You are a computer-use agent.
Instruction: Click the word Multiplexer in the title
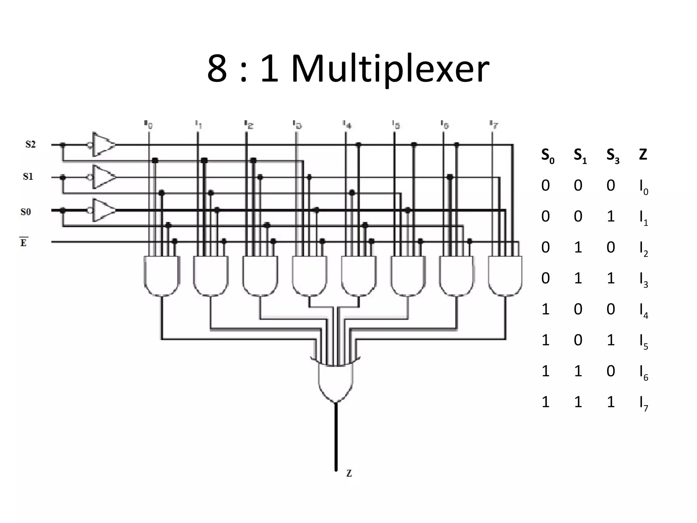[x=390, y=70]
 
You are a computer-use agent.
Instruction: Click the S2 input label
[x=30, y=144]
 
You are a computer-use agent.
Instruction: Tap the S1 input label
[x=28, y=176]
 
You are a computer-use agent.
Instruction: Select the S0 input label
[x=26, y=212]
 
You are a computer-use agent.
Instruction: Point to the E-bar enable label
[x=23, y=242]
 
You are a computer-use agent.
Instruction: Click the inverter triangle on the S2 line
[x=103, y=145]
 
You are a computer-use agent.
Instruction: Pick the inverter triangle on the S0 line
[x=103, y=210]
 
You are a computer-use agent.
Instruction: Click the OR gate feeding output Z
[x=336, y=381]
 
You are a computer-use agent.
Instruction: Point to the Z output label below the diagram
[x=349, y=473]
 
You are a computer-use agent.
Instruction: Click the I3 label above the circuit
[x=297, y=125]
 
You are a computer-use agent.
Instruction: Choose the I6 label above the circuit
[x=444, y=125]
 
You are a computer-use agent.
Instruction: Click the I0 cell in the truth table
[x=644, y=187]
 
